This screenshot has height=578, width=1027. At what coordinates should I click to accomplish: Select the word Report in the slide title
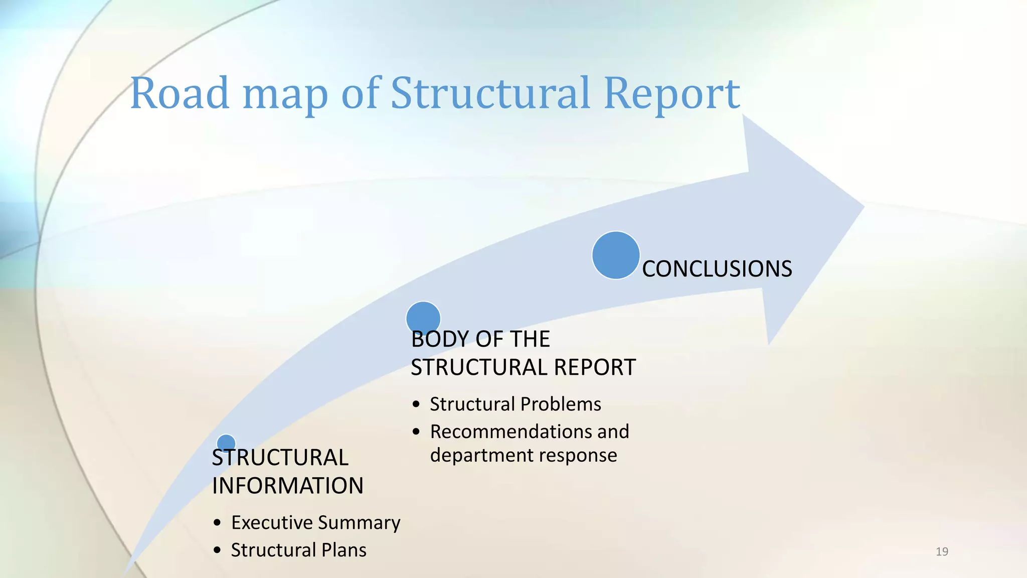pyautogui.click(x=672, y=94)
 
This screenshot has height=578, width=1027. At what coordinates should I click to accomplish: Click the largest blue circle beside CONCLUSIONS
pyautogui.click(x=616, y=255)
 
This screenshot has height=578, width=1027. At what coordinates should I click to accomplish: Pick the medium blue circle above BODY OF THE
pyautogui.click(x=423, y=317)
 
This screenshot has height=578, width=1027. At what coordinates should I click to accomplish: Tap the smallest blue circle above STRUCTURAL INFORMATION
pyautogui.click(x=226, y=443)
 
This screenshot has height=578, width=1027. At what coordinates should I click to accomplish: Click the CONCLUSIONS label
pyautogui.click(x=717, y=269)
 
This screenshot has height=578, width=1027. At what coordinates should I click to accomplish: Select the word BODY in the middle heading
pyautogui.click(x=439, y=340)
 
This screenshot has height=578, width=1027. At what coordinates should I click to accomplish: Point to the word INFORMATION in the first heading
pyautogui.click(x=287, y=486)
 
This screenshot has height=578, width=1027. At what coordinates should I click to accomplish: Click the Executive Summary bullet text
pyautogui.click(x=315, y=523)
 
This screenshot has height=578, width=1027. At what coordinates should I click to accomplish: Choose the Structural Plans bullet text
pyautogui.click(x=298, y=550)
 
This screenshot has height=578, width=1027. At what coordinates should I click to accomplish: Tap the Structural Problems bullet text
pyautogui.click(x=515, y=404)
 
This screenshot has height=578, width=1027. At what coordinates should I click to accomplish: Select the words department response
pyautogui.click(x=523, y=456)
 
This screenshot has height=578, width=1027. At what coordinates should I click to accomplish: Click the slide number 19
pyautogui.click(x=942, y=552)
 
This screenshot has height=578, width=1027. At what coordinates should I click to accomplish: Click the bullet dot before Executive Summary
pyautogui.click(x=217, y=523)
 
